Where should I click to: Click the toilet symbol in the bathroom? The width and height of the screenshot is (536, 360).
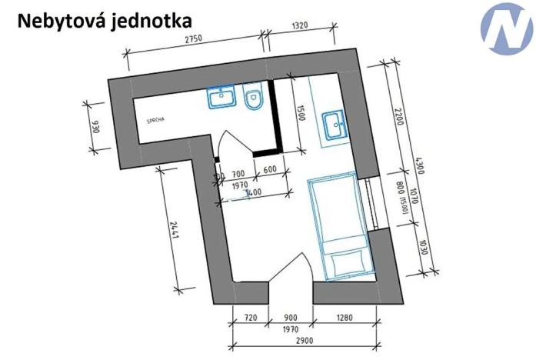coord(254,98)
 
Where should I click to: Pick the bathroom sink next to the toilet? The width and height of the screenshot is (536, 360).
coord(221,97)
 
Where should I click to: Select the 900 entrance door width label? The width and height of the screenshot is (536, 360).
coord(291,317)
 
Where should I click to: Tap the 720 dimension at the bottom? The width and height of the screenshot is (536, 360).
coord(249,317)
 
